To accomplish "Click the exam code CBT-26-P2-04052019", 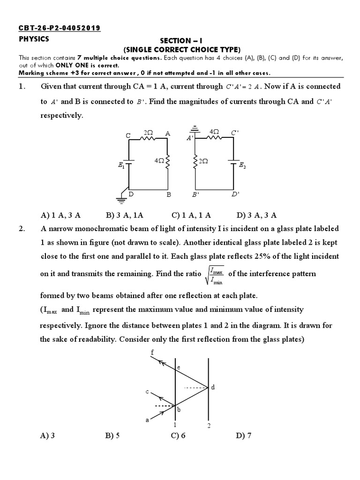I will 59,29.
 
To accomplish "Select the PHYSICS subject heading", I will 34,39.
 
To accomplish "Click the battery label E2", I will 242,165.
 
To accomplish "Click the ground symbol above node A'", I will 192,130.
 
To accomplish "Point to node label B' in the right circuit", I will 195,194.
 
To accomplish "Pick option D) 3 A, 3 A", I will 256,215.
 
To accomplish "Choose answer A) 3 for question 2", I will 48,435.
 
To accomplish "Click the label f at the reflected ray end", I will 152,352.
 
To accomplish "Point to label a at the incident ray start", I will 147,420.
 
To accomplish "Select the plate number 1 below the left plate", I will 175,425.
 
